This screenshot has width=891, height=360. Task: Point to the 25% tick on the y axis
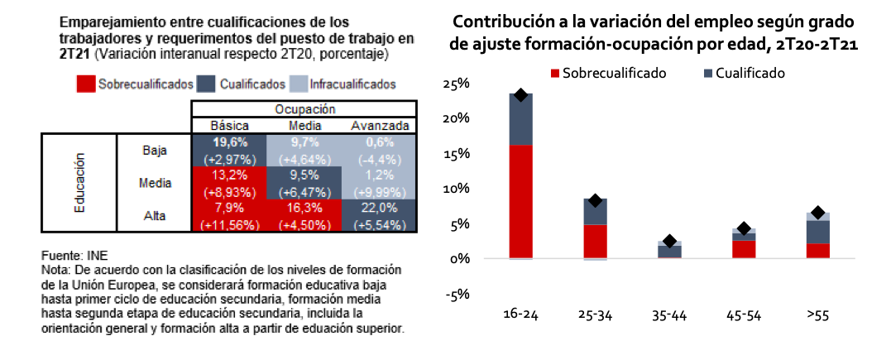tap(457, 84)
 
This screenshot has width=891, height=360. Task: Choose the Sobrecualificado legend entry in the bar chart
tap(608, 73)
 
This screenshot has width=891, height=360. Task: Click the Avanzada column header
tap(380, 126)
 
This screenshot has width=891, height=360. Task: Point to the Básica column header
tap(229, 126)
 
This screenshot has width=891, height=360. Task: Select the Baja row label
tap(155, 150)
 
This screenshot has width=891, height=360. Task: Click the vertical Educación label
tap(80, 184)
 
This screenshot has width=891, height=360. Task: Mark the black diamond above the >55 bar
tap(818, 214)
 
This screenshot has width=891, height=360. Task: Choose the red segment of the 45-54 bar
tap(744, 249)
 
